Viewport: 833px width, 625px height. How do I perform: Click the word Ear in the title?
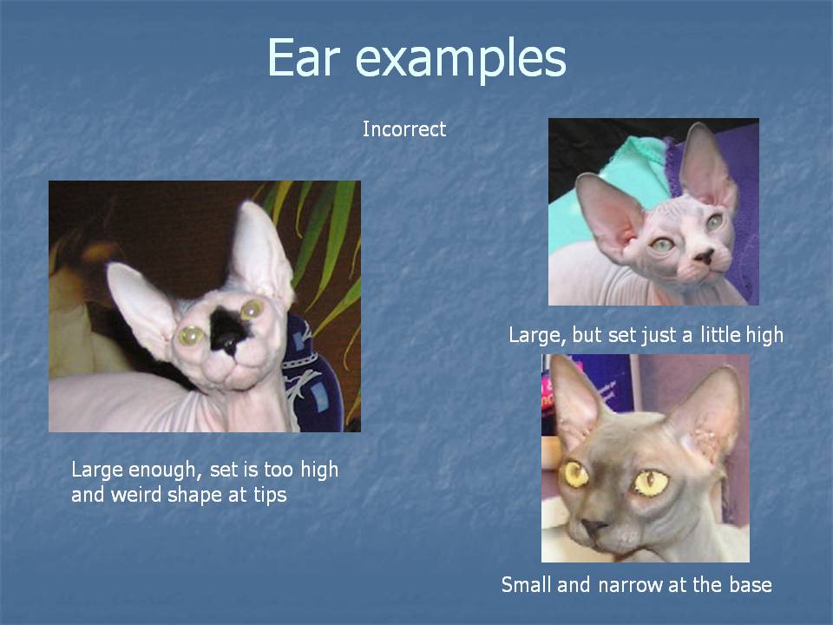[303, 57]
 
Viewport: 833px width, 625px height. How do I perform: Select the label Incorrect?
[404, 129]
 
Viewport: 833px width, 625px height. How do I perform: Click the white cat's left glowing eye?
[191, 335]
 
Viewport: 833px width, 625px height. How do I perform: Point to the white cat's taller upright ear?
[260, 250]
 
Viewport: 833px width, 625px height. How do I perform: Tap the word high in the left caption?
[319, 470]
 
